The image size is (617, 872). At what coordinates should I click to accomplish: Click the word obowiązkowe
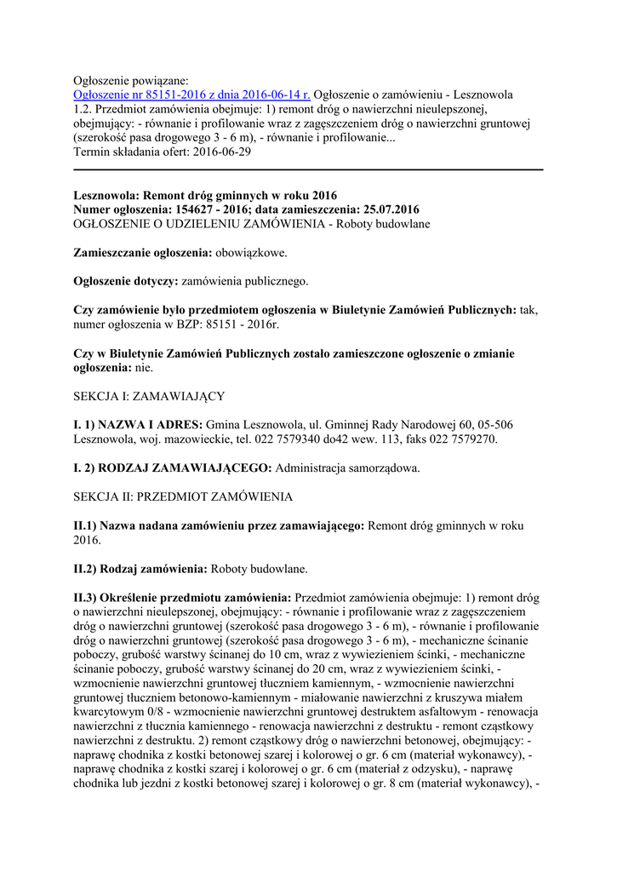pos(252,253)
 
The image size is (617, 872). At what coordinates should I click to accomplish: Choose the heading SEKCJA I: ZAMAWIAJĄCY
pos(150,397)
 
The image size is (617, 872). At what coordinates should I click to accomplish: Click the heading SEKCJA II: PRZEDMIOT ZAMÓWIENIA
pos(183,496)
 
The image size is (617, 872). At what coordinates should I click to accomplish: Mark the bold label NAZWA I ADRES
pos(151,425)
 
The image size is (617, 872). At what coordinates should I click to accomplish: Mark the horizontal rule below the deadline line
pos(308,170)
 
